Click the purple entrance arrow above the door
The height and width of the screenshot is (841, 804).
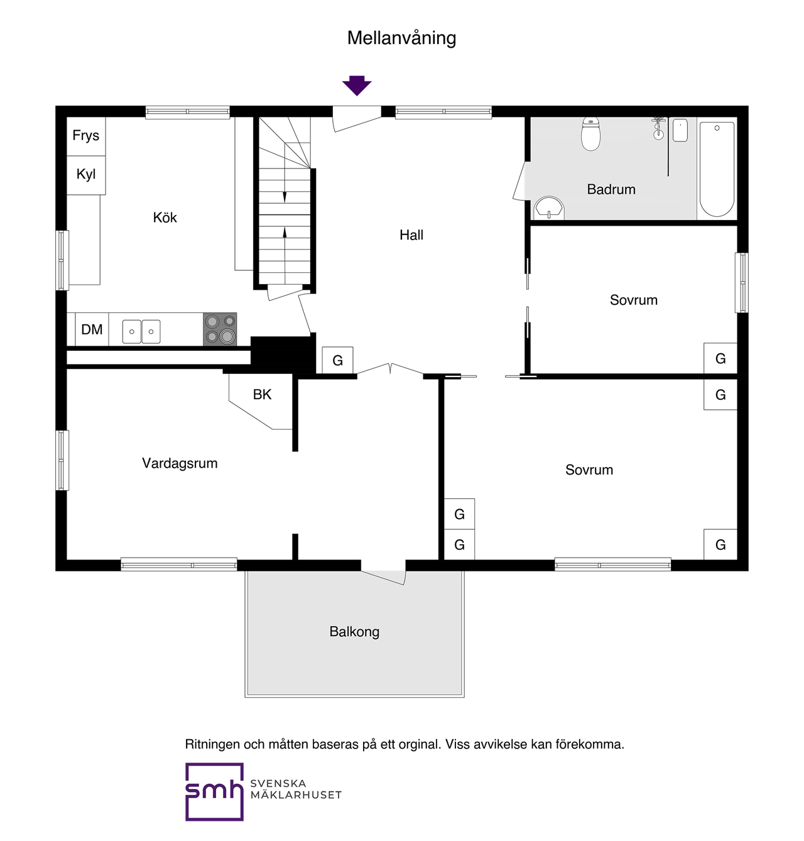(x=356, y=85)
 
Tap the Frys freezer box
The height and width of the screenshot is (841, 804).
(x=86, y=136)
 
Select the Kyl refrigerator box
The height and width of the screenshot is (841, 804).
(x=86, y=175)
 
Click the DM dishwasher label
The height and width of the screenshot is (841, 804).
(x=92, y=329)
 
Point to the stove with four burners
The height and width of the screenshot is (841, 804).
(x=220, y=329)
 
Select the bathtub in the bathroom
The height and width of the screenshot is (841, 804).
(x=716, y=168)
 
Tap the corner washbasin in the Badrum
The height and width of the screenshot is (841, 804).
(x=548, y=208)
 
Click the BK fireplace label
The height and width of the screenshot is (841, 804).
(x=262, y=394)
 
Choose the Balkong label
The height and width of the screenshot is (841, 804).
(x=354, y=632)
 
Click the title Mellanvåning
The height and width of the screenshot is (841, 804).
(x=401, y=38)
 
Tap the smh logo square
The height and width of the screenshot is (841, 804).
(x=214, y=791)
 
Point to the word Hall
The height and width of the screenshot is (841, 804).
(x=411, y=234)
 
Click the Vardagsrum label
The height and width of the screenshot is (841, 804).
(x=180, y=463)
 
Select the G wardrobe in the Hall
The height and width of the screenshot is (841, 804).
(x=338, y=360)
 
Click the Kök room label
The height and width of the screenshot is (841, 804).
(x=165, y=217)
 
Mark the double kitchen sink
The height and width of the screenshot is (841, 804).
(x=141, y=331)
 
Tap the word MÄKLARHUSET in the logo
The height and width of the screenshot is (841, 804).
(x=296, y=794)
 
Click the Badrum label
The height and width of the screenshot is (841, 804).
(x=611, y=189)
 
